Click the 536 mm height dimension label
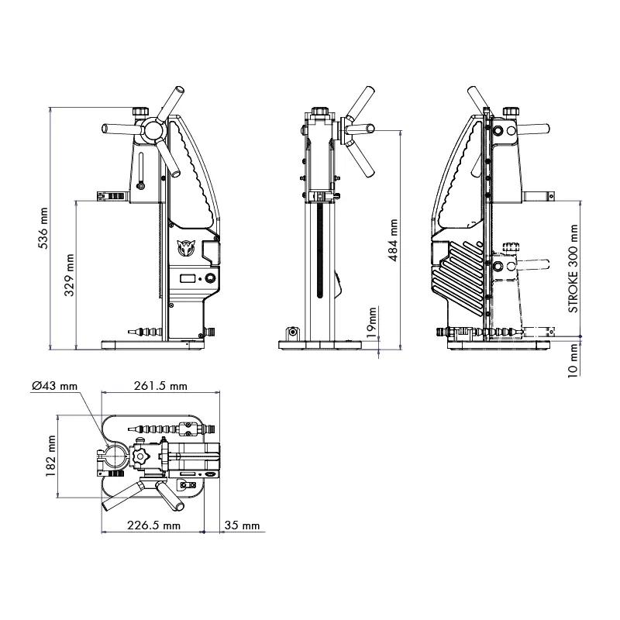(43, 228)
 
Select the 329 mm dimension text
(69, 275)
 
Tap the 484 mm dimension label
(394, 240)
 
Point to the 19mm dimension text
(372, 322)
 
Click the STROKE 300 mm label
(573, 268)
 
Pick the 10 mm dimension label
(573, 361)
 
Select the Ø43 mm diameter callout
(54, 385)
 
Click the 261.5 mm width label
(160, 385)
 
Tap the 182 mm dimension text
(50, 456)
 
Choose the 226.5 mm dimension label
(153, 525)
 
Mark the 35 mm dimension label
(243, 525)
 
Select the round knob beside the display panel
(210, 279)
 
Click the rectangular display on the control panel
(188, 279)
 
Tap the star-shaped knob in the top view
(141, 456)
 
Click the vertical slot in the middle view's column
(319, 253)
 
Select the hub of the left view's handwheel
(153, 128)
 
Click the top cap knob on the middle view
(320, 110)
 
